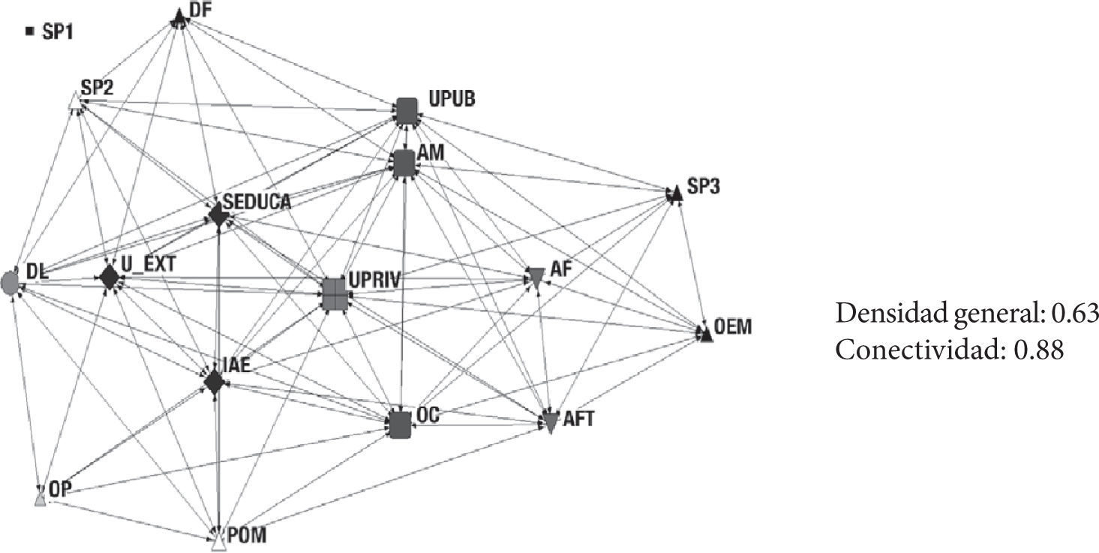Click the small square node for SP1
(x=30, y=32)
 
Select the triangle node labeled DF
(x=179, y=16)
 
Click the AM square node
(x=404, y=163)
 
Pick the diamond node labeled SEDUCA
(x=218, y=215)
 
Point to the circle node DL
(x=11, y=284)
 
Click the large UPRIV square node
(x=335, y=293)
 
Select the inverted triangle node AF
(x=536, y=276)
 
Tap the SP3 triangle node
(x=675, y=194)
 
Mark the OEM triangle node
(x=705, y=335)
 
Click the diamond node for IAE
(x=215, y=383)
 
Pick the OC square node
(x=401, y=425)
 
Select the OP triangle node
(x=41, y=498)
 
